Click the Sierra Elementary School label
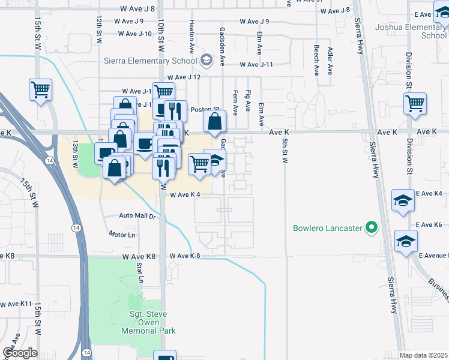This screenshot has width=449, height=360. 151,61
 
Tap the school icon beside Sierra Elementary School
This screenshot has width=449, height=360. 206,60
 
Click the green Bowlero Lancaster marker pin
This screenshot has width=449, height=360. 372,227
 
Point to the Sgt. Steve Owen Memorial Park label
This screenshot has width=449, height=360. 148,323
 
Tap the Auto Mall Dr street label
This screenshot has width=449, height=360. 137,215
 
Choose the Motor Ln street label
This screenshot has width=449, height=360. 122,234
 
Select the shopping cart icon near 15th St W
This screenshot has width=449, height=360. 40,90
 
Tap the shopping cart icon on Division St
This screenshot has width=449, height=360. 415,103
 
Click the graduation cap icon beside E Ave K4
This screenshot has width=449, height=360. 403,200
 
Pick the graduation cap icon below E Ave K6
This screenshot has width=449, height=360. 406,241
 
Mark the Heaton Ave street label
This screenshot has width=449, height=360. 191,34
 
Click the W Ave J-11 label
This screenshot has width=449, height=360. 256,65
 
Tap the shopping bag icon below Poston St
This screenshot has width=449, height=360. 214,122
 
